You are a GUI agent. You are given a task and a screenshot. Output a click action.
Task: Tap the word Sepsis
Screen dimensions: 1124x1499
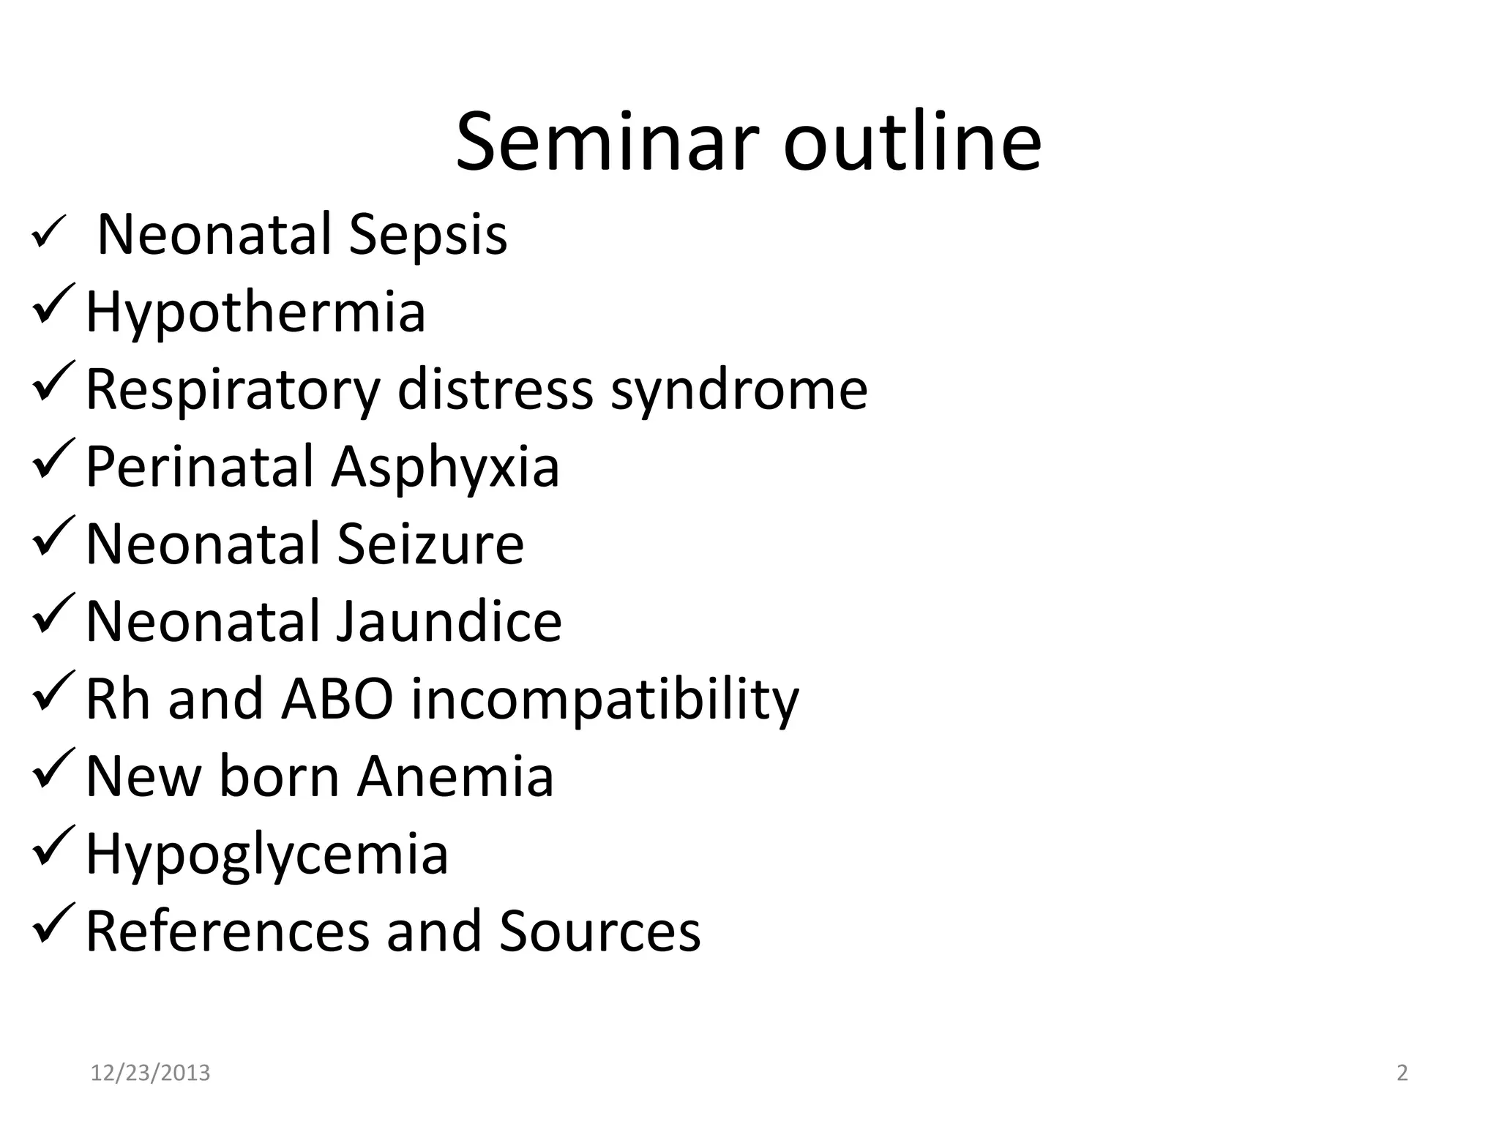coord(427,235)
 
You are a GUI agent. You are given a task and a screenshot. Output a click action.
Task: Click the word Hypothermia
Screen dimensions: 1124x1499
coord(255,313)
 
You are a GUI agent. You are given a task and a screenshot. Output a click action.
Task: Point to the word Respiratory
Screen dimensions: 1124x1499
coord(233,391)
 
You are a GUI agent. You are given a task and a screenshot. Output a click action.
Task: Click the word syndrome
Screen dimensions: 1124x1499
coord(739,391)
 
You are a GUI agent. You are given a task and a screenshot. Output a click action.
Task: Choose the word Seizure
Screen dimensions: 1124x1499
coord(430,545)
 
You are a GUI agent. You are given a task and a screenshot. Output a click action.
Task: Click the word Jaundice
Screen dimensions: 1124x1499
coord(449,623)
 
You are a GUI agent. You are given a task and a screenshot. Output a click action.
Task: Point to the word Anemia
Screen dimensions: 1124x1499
coord(455,777)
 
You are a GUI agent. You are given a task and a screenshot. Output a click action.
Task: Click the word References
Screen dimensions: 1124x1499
coord(228,932)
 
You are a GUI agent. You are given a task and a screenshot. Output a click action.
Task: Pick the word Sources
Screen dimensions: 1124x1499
coord(599,932)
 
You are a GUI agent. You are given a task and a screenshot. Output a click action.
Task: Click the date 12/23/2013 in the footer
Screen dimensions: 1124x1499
coord(150,1074)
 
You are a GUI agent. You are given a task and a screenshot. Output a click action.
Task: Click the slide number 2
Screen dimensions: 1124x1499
coord(1402,1074)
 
